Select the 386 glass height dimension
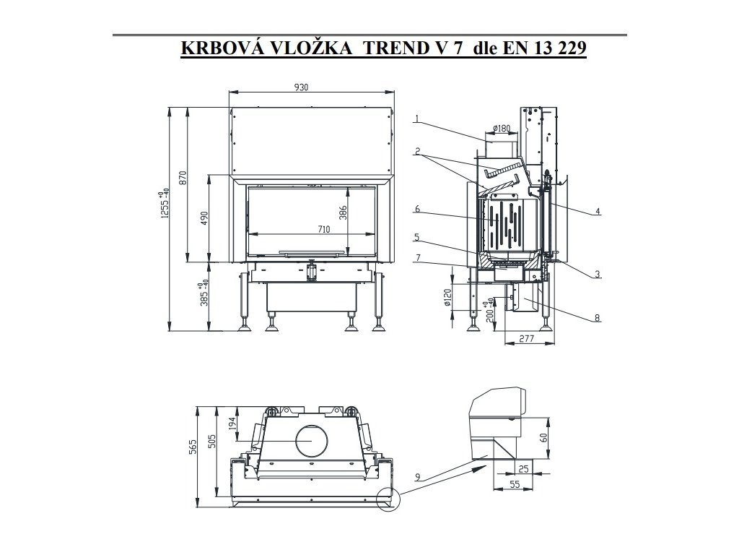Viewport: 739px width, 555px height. (x=344, y=212)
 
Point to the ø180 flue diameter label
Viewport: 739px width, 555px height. (x=501, y=129)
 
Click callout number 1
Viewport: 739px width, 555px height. (x=417, y=119)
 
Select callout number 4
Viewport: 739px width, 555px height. (x=598, y=212)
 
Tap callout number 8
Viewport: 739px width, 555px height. (x=598, y=317)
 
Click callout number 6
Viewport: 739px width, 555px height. (x=417, y=210)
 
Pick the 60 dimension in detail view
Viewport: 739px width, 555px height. (x=544, y=436)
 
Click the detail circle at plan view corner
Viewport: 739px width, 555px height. (x=388, y=498)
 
